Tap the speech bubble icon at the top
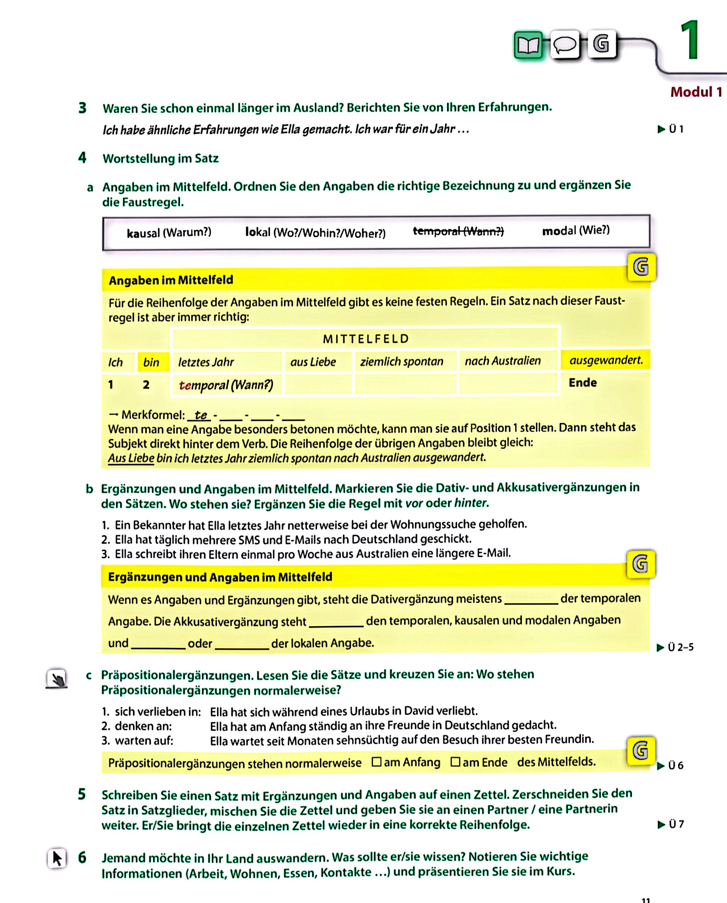pos(565,45)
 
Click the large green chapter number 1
pos(689,40)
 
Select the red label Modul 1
pos(696,92)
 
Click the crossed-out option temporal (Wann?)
pos(458,231)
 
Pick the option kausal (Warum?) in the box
pos(169,233)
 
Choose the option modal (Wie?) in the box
pos(576,231)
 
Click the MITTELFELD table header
pos(365,339)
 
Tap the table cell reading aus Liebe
pos(313,362)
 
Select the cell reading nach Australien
pos(503,361)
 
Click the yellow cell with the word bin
pos(151,362)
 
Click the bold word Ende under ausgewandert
pos(583,383)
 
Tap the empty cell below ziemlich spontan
pos(405,383)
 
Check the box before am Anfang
pos(377,762)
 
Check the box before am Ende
pos(455,762)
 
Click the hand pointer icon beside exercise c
pos(57,678)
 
